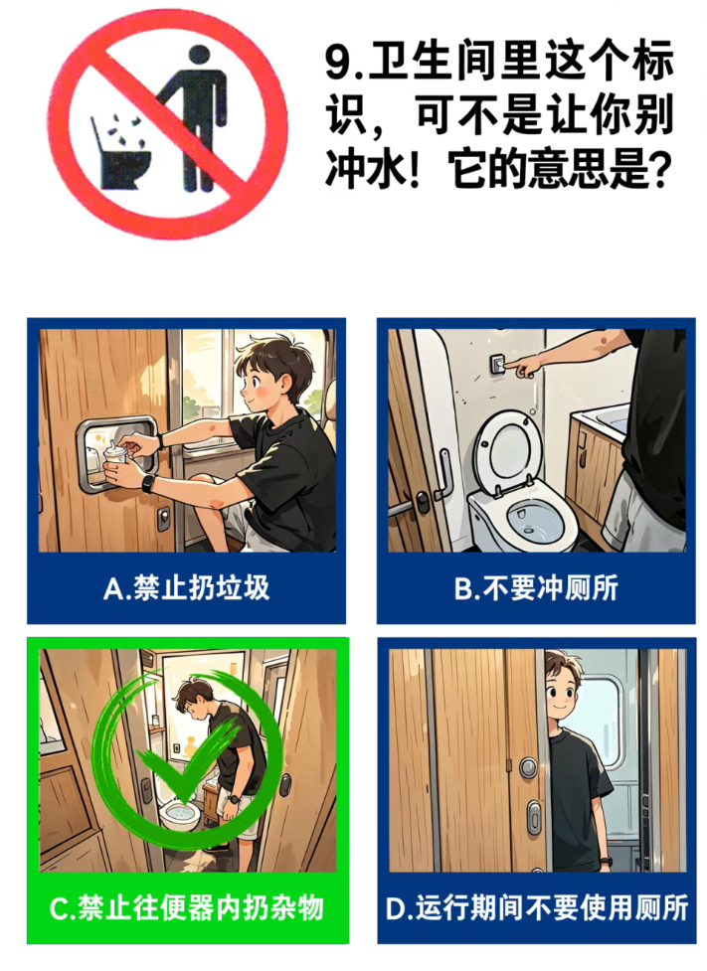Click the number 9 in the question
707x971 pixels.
pos(338,63)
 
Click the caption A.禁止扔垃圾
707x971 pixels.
pos(187,587)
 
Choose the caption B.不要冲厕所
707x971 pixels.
pos(536,587)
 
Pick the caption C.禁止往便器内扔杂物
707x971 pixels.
pos(187,907)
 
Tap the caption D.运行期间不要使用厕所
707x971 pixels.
pos(537,907)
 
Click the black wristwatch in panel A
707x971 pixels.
pos(148,483)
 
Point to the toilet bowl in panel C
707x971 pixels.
pos(180,813)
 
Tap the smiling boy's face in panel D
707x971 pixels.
pos(565,689)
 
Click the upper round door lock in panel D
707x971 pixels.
pos(528,768)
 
